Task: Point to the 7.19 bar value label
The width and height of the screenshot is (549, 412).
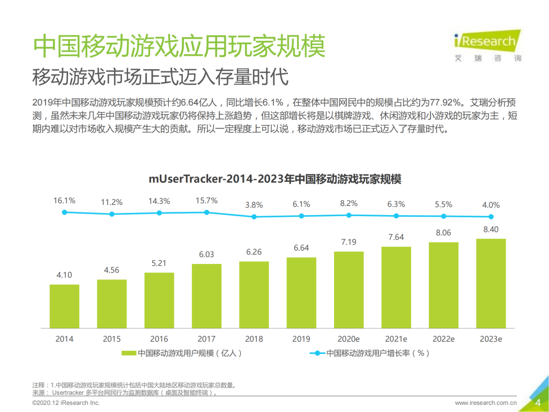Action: coord(348,242)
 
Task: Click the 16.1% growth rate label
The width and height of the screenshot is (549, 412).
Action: coord(64,201)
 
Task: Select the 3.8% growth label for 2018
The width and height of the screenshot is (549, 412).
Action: coord(254,205)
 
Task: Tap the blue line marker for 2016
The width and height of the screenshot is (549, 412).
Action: coord(159,213)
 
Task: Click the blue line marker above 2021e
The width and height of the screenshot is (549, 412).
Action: coord(396,216)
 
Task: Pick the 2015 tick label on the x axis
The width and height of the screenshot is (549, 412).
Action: coord(112,339)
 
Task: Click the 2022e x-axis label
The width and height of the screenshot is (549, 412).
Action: coord(443,339)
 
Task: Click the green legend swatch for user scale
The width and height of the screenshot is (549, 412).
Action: coord(129,353)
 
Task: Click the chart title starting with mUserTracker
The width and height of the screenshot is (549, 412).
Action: coord(274,179)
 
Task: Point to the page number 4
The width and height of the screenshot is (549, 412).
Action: coord(537,403)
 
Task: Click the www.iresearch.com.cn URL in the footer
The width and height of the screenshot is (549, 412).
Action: coord(486,403)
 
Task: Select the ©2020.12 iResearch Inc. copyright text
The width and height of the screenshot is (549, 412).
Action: coord(66,403)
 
